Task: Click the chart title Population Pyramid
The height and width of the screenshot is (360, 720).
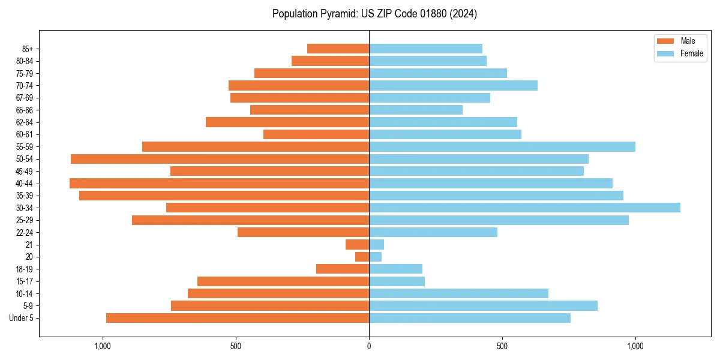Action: pos(374,14)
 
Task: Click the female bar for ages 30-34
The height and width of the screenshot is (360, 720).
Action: pos(524,208)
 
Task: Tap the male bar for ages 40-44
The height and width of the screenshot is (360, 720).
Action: pos(219,183)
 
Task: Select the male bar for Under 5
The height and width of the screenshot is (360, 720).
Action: pos(238,318)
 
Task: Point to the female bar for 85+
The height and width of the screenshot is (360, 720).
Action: pos(425,49)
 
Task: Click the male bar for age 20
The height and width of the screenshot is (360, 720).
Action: pos(362,257)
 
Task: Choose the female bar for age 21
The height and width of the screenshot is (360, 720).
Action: pos(377,244)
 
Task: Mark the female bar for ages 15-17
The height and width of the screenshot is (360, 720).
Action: pos(397,281)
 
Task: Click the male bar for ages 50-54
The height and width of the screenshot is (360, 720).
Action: pos(220,159)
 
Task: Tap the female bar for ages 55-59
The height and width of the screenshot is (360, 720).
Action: pos(502,146)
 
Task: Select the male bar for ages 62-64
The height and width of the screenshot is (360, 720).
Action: pos(287,122)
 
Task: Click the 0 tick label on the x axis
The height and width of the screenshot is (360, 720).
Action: pos(369,346)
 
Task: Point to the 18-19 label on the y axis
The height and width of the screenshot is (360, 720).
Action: pos(25,269)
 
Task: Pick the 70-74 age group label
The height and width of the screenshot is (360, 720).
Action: pos(25,86)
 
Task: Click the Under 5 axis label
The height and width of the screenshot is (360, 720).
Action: pos(22,318)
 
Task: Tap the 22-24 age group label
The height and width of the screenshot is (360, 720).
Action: pos(25,233)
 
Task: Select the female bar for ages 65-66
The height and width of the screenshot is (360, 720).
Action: pos(416,110)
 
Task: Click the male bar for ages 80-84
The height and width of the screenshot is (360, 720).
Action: pos(330,61)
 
